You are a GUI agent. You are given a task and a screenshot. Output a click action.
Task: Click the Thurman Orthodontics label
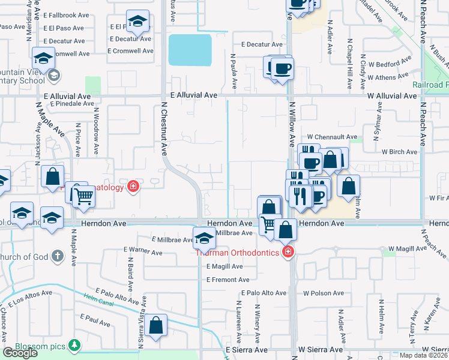click(237, 253)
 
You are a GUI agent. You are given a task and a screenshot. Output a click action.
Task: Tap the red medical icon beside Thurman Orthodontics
click(288, 251)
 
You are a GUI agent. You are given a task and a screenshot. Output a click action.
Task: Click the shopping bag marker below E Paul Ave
click(156, 326)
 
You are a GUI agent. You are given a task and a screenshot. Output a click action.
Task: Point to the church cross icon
click(57, 256)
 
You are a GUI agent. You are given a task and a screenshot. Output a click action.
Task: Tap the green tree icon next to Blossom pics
click(74, 346)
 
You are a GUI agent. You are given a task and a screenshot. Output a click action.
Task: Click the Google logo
click(20, 353)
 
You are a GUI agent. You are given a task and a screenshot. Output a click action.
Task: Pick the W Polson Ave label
click(324, 293)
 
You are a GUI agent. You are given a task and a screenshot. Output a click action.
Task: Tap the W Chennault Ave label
click(332, 137)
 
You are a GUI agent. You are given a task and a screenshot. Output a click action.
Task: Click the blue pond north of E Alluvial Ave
click(190, 50)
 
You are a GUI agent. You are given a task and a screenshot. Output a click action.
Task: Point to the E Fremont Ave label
click(228, 280)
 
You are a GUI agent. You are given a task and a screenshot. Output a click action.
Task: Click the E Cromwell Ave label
click(131, 51)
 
